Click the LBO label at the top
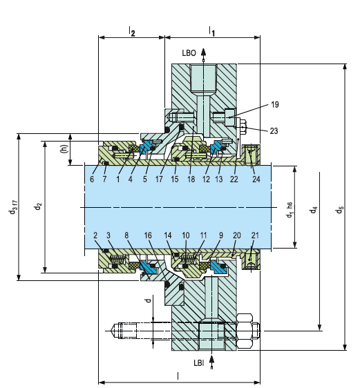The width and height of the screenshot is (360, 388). point(189,53)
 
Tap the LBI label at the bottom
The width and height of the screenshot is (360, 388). point(199,363)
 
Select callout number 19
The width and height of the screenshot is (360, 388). point(275,105)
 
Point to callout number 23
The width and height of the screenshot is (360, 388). point(274,130)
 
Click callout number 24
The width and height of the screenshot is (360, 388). point(256,179)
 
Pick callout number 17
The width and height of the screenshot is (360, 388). point(159,179)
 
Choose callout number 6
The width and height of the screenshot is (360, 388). point(92,179)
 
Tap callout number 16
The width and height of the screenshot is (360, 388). point(148,235)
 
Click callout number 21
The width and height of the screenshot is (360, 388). point(255,235)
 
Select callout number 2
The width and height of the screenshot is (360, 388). point(95,235)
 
